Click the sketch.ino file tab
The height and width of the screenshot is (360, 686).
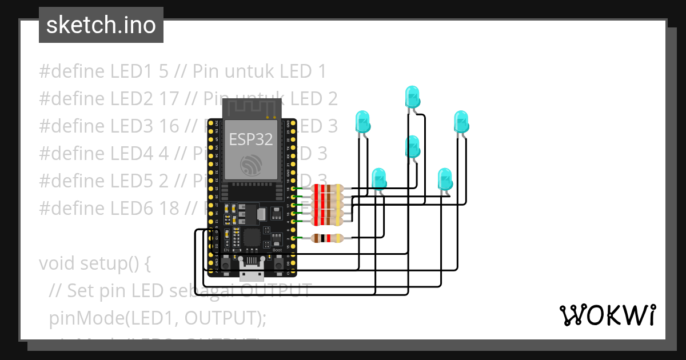click(101, 25)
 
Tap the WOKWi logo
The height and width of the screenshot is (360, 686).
click(607, 315)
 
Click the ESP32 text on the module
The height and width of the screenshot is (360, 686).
click(251, 139)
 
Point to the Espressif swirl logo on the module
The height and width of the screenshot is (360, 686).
click(251, 165)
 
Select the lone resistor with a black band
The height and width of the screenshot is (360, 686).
click(327, 238)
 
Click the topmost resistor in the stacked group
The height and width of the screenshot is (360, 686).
click(327, 188)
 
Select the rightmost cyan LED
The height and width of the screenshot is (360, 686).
click(461, 122)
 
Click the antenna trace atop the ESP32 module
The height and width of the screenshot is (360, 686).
click(252, 108)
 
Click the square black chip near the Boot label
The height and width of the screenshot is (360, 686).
click(252, 238)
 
